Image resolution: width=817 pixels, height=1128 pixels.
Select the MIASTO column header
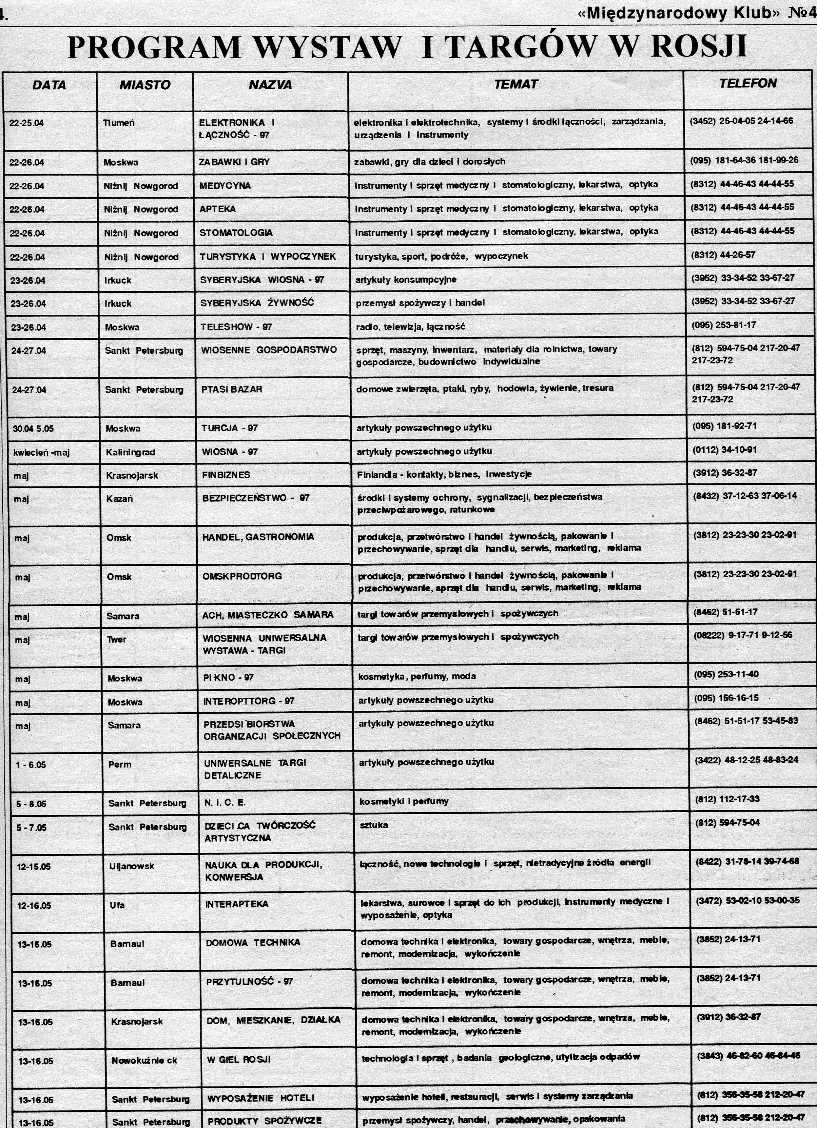[x=145, y=85]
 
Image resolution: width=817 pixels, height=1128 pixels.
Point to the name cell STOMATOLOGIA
[x=236, y=233]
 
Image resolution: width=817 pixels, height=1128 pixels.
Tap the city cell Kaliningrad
[x=130, y=452]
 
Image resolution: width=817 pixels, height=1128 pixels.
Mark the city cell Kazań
[x=119, y=498]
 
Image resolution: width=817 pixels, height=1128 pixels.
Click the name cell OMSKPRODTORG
[x=242, y=576]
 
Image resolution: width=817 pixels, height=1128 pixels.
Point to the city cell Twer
[x=117, y=640]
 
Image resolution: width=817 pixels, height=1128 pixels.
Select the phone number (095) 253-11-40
[x=726, y=674]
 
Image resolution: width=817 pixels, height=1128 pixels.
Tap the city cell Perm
[x=120, y=765]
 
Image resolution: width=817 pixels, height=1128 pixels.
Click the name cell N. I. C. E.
[x=225, y=803]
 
